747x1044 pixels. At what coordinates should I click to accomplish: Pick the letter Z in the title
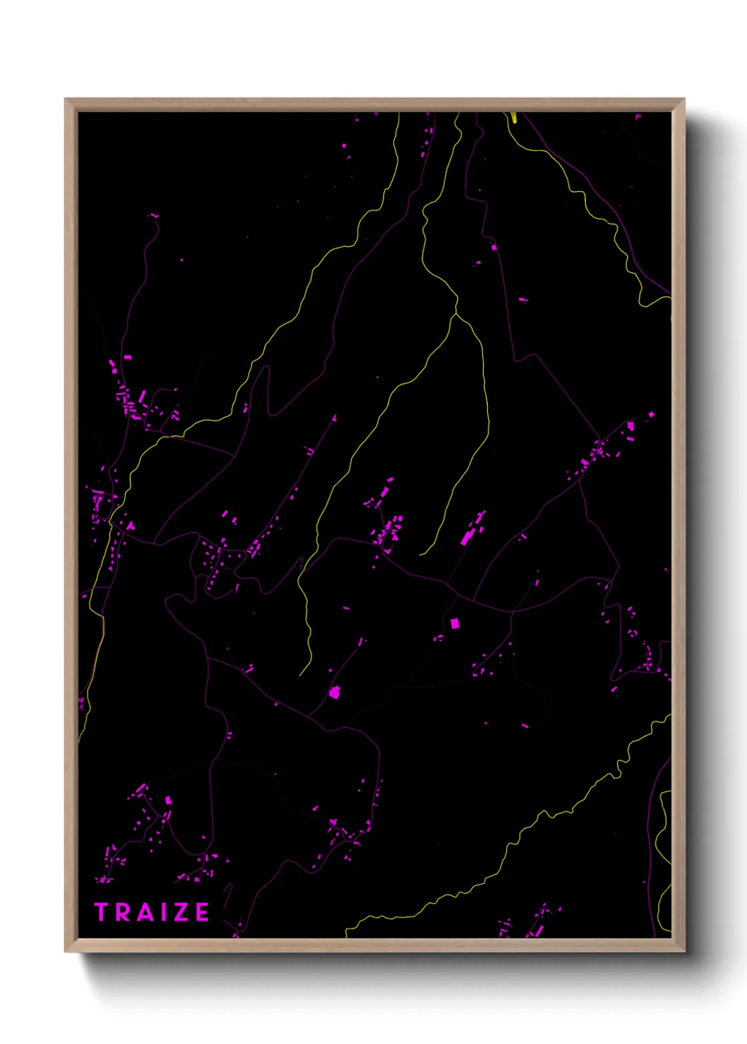point(179,912)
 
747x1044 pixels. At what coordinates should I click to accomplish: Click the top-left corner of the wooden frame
point(66,99)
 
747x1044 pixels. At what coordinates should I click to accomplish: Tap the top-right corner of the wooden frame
point(683,99)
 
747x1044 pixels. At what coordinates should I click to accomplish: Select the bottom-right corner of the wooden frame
point(683,952)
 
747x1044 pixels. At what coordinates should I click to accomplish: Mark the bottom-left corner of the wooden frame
point(66,952)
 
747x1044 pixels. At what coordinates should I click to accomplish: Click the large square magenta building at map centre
point(455,623)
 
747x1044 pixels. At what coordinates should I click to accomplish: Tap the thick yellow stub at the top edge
point(514,117)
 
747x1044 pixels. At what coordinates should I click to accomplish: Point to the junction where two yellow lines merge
point(457,311)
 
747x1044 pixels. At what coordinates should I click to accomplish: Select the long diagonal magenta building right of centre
point(467,538)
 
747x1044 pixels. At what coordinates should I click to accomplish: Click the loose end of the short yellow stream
point(421,554)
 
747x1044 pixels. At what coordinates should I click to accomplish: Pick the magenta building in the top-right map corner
point(638,116)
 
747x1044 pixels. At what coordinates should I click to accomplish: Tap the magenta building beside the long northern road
point(494,247)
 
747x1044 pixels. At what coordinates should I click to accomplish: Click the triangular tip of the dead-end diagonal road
point(334,418)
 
